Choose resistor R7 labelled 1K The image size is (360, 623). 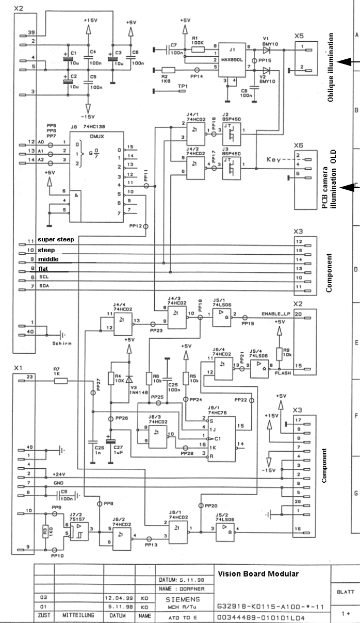60,381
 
